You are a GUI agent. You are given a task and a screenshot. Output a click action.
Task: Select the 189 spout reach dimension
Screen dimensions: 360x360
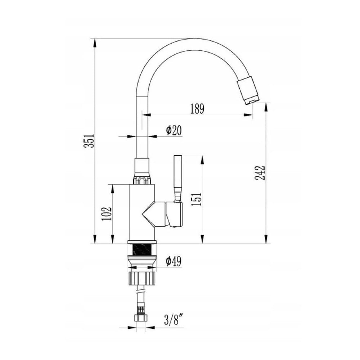197,109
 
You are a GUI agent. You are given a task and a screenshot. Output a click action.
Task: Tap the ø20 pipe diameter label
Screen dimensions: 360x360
174,130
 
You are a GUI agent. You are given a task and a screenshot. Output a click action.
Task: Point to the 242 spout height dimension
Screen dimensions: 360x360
260,173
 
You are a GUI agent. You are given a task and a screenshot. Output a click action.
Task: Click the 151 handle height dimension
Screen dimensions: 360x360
197,199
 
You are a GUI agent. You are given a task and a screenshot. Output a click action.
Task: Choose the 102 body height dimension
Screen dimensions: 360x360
107,214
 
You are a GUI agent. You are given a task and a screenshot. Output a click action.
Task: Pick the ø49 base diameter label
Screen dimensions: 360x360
174,261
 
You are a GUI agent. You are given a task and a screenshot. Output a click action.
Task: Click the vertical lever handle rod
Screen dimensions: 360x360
178,178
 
